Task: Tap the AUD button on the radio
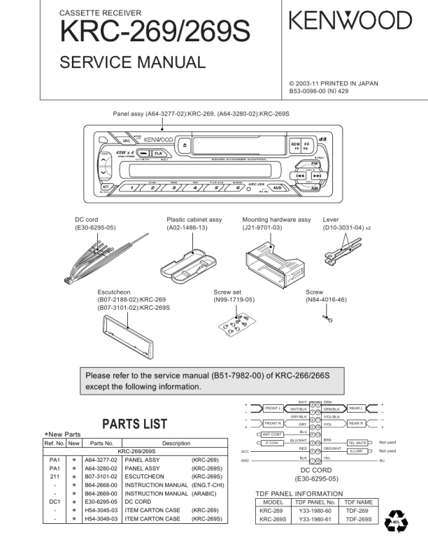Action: pos(278,187)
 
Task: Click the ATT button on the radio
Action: pos(105,187)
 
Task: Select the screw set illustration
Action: pos(235,325)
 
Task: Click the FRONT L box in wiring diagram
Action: pos(273,408)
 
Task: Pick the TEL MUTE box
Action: pos(357,442)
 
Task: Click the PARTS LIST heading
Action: pos(135,424)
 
